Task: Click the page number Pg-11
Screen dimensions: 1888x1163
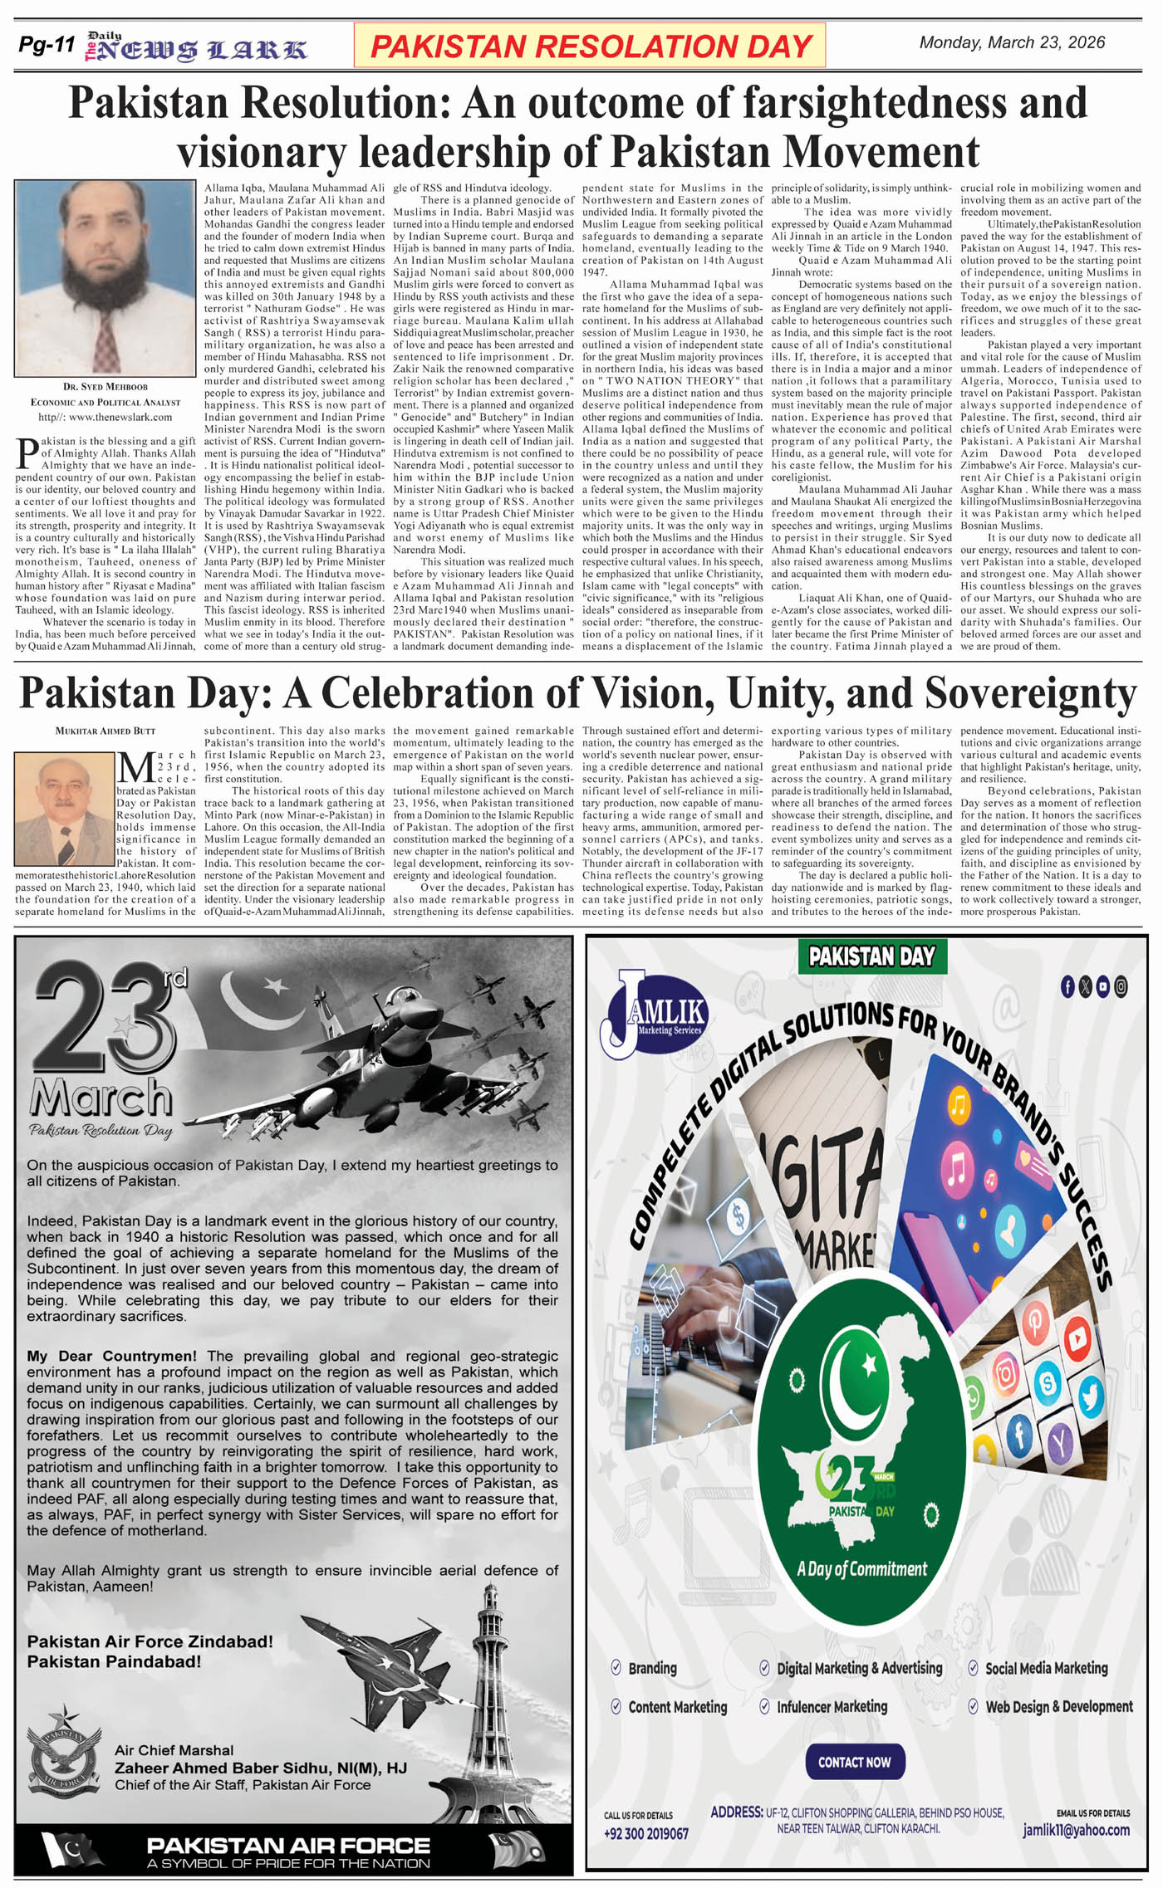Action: click(x=47, y=46)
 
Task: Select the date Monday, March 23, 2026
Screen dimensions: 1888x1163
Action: click(x=1012, y=42)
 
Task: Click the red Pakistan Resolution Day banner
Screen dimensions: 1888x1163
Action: click(x=590, y=46)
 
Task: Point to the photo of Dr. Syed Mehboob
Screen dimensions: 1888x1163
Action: click(x=105, y=278)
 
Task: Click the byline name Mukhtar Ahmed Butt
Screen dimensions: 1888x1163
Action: click(x=105, y=731)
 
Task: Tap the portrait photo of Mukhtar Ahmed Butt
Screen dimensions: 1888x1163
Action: click(x=65, y=809)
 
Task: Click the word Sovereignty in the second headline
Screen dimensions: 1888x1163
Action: click(x=1030, y=693)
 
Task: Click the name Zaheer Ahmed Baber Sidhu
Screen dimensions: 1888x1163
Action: click(x=260, y=1768)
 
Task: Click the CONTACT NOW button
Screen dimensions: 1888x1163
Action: click(x=854, y=1762)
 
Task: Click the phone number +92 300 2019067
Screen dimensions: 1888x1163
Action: click(x=646, y=1833)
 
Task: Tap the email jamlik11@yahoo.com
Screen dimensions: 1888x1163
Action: click(x=1076, y=1830)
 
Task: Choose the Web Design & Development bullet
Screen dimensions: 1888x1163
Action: click(x=1058, y=1707)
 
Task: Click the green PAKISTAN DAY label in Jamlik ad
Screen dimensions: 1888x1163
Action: click(x=871, y=956)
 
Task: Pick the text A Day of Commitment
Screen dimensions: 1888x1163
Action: click(x=861, y=1569)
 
